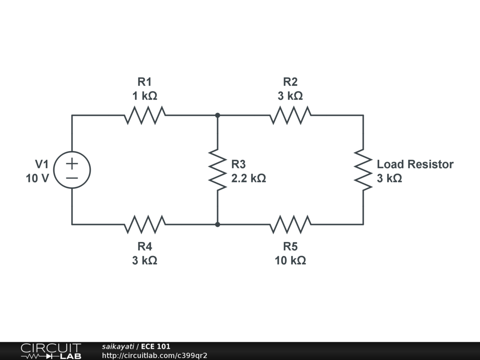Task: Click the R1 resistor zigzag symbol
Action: (x=145, y=115)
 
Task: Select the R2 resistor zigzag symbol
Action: (x=291, y=115)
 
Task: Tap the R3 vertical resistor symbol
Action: (x=217, y=170)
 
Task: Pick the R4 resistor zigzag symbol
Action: (x=145, y=225)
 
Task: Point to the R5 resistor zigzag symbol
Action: (x=291, y=225)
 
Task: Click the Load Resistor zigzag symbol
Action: (x=363, y=170)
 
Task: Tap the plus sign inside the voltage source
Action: (x=72, y=164)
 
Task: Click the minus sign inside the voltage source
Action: (x=72, y=178)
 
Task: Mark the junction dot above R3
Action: (x=217, y=115)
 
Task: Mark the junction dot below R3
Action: (x=217, y=225)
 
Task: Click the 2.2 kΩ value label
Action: (x=248, y=178)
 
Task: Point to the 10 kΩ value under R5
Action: (x=290, y=261)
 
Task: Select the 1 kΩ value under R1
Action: (x=145, y=96)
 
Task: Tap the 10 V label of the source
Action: (x=37, y=178)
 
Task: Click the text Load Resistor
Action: (x=415, y=164)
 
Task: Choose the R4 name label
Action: (x=145, y=247)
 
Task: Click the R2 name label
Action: (x=290, y=82)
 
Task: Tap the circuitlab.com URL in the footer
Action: (x=155, y=355)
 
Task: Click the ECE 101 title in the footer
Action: (x=156, y=346)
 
